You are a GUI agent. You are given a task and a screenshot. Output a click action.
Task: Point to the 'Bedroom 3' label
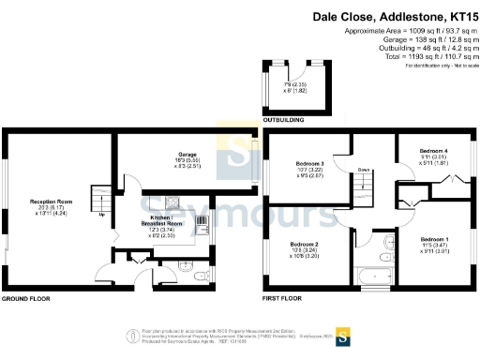point(309,163)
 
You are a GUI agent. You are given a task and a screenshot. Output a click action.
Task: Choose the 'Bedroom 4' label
point(432,151)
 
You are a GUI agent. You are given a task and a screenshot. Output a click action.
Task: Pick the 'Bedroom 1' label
point(433,239)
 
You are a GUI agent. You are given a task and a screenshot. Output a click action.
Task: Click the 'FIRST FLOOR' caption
point(283,299)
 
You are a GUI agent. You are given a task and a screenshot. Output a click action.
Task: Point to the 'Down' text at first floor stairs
point(362,170)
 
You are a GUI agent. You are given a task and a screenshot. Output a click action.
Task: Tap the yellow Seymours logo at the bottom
point(344,334)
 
